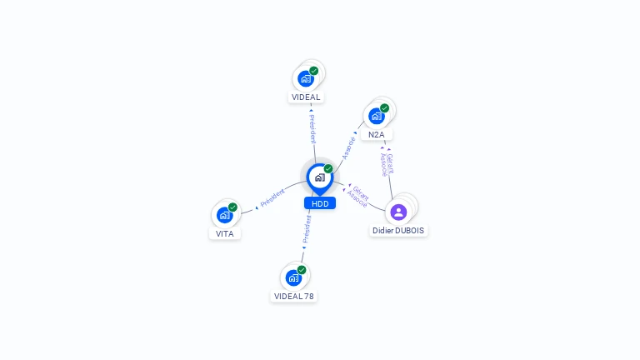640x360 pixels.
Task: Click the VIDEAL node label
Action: click(306, 97)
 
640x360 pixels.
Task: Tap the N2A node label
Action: click(377, 135)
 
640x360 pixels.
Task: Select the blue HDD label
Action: click(320, 203)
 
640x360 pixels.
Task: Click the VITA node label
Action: click(225, 234)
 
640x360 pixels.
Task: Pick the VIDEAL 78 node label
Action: click(294, 296)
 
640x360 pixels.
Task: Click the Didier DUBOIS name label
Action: click(398, 230)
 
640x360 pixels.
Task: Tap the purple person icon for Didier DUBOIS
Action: click(398, 212)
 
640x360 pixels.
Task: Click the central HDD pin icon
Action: click(319, 177)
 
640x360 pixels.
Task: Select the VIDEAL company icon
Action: click(306, 78)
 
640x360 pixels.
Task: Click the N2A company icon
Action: click(377, 116)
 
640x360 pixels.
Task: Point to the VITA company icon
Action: click(224, 215)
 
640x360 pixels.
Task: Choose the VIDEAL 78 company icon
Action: click(293, 277)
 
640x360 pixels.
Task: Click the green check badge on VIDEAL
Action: click(314, 71)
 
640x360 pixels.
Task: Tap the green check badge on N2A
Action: click(385, 108)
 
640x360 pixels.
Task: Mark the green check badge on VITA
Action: click(232, 207)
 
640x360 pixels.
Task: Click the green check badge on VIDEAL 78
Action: click(302, 270)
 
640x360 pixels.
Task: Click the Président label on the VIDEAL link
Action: click(312, 129)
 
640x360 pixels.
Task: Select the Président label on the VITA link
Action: click(272, 199)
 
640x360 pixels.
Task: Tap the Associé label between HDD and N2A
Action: click(349, 147)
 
